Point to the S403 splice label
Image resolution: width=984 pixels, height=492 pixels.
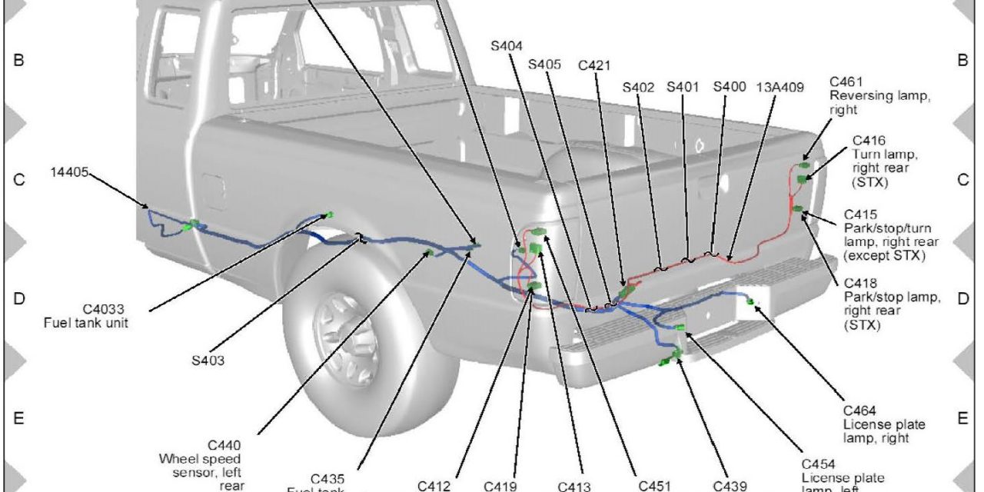[208, 359]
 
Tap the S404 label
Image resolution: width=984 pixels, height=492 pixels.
[508, 45]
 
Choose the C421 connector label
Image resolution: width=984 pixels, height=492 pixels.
[595, 65]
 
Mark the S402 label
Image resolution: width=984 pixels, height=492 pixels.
[638, 87]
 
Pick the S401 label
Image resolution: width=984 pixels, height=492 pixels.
[683, 87]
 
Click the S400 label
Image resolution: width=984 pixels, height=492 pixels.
[729, 87]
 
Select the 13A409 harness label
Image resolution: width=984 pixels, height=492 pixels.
[780, 87]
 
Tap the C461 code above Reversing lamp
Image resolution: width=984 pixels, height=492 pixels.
[846, 82]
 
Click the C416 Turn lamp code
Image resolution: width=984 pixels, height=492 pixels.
[869, 140]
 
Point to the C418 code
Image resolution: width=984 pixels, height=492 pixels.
[861, 284]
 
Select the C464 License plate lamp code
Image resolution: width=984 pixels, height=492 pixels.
[859, 411]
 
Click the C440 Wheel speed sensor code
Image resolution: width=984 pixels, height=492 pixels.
[224, 445]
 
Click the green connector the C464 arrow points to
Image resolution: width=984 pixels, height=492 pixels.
[750, 301]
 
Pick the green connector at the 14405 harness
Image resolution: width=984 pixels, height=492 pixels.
[192, 225]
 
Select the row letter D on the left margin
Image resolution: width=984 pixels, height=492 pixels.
[18, 298]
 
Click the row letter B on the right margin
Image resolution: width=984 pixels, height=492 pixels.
[962, 60]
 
